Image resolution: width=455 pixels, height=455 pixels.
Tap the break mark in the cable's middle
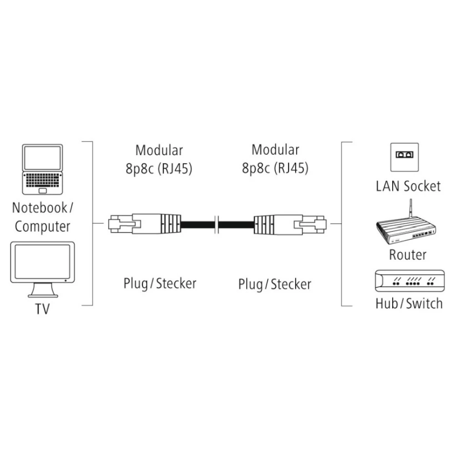click(217, 224)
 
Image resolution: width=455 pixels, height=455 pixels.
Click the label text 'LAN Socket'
click(408, 186)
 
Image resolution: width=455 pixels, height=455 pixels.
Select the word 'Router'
click(408, 255)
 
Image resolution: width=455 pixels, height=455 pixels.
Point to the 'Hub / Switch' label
click(409, 303)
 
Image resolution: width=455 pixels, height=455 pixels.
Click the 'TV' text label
click(43, 309)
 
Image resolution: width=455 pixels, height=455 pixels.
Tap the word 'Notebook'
click(39, 208)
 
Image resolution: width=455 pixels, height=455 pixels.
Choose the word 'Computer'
click(43, 226)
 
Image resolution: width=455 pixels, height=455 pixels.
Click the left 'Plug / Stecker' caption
click(160, 283)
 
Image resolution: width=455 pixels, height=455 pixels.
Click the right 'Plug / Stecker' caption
click(275, 284)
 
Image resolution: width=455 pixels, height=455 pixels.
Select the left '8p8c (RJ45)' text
click(159, 169)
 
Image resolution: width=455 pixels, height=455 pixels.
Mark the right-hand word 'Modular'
click(275, 149)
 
